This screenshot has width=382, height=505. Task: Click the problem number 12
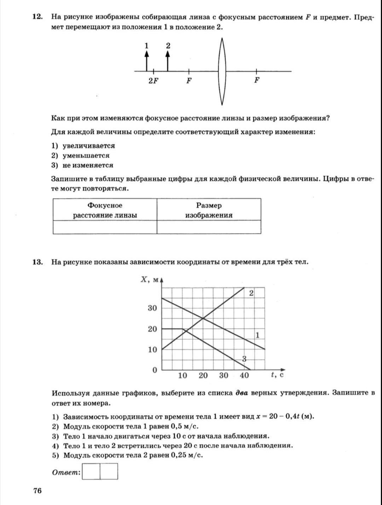coord(37,17)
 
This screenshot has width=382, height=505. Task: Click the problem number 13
coord(37,262)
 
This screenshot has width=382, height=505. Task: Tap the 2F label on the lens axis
coord(153,81)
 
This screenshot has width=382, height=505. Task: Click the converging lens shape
coord(222,71)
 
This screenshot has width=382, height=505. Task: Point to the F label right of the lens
coord(257,80)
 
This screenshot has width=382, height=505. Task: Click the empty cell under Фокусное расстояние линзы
coord(105,227)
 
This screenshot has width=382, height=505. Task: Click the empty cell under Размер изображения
coord(209,227)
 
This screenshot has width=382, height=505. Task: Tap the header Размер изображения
coord(209,210)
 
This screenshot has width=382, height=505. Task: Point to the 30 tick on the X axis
coord(152,308)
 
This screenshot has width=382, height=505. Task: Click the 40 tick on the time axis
coord(244,376)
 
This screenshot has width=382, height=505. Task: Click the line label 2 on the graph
coord(251,293)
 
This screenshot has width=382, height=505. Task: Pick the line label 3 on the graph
coord(244,359)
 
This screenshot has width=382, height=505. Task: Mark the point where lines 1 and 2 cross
coord(203,318)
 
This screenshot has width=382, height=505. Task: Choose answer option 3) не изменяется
coord(82,165)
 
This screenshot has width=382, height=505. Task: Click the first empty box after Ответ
coord(91,471)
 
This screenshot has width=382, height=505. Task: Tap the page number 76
coord(37,491)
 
